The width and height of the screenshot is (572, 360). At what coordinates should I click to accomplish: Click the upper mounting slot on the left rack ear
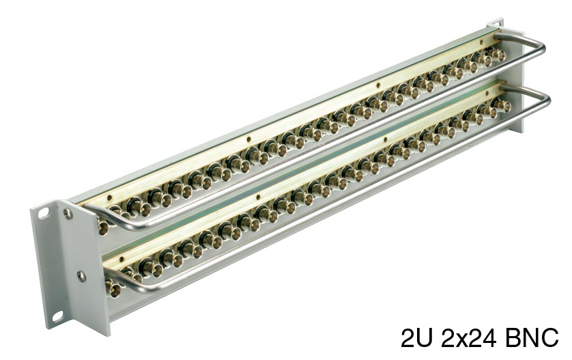pos(44,213)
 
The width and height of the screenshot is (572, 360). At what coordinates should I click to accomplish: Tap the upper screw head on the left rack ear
pos(68,214)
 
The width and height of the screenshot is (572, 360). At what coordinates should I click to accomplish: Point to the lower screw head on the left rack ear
pos(81,276)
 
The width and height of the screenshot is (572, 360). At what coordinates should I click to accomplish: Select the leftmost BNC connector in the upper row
pos(102,226)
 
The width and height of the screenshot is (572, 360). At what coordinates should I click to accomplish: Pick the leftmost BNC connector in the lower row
pos(113,288)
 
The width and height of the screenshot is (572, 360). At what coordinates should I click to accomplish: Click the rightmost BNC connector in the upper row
pos(497,55)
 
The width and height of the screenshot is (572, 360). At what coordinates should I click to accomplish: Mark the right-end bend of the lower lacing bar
pos(546,99)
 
